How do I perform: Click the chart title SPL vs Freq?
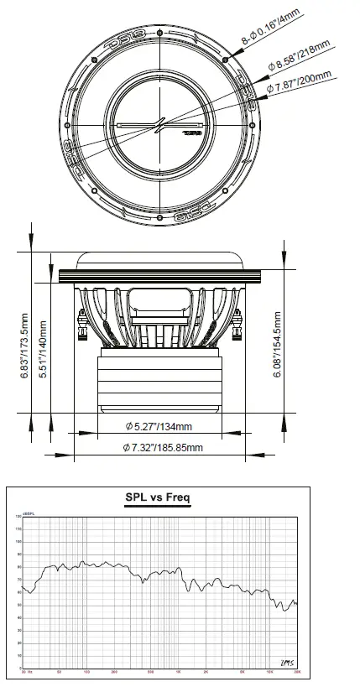tap(158, 498)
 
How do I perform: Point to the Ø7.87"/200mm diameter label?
tap(300, 81)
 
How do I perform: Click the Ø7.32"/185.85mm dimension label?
tap(162, 448)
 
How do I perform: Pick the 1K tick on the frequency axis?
tap(178, 674)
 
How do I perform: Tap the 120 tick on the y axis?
tap(18, 517)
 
